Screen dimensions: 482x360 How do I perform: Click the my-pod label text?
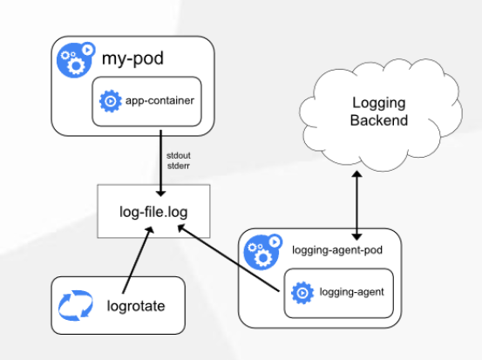tap(132, 58)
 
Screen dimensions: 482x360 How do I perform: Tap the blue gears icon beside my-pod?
tap(75, 59)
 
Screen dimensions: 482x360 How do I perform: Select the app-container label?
tap(160, 100)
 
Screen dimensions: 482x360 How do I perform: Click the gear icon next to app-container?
tap(111, 101)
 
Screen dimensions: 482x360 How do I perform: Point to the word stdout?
tap(179, 155)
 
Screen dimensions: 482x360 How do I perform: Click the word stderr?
tap(179, 166)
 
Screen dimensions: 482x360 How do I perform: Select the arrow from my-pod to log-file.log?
tap(160, 163)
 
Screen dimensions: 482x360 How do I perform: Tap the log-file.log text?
tap(153, 212)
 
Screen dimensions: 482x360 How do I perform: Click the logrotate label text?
tap(136, 306)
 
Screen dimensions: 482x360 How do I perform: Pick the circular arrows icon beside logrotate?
tap(76, 305)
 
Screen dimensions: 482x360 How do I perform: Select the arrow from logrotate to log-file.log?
tap(138, 260)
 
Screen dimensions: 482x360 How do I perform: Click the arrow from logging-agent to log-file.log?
tap(228, 258)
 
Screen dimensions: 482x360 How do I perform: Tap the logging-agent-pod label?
tap(337, 250)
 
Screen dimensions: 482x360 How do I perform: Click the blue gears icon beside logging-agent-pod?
tap(263, 252)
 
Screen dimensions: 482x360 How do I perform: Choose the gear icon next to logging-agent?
tap(302, 293)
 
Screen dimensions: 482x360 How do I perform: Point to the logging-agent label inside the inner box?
tap(351, 292)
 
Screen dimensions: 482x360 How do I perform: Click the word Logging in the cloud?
tap(378, 103)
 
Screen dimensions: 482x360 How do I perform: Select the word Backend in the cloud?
tap(379, 120)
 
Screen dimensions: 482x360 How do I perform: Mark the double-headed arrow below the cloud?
tap(356, 206)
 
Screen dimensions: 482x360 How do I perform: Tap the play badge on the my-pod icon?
tap(88, 50)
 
